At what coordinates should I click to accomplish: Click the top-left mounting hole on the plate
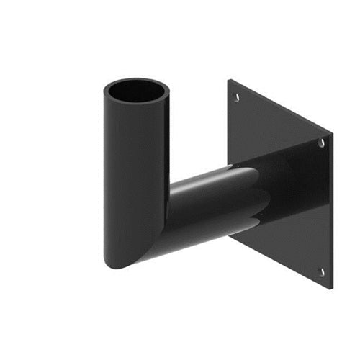[x=235, y=91]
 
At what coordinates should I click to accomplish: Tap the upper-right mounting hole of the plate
[x=321, y=143]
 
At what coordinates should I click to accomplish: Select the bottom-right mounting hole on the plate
[x=321, y=272]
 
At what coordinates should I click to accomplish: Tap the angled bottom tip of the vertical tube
[x=115, y=265]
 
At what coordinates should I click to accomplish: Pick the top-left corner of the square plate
[x=229, y=80]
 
